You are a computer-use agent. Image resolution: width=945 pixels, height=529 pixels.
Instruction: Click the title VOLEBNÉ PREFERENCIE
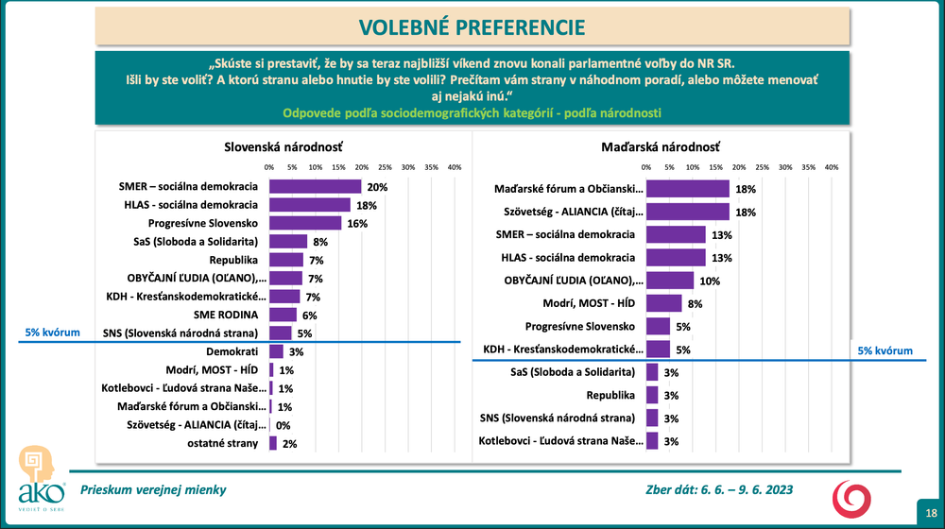pos(472,26)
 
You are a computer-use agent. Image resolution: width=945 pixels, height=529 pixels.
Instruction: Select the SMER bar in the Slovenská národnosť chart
pos(316,187)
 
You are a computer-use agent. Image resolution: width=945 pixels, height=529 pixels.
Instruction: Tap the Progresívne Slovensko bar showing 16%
pos(305,223)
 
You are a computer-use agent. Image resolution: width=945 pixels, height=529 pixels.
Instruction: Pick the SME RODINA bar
pos(283,315)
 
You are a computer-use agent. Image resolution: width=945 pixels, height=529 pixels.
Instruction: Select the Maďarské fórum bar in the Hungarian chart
pos(688,189)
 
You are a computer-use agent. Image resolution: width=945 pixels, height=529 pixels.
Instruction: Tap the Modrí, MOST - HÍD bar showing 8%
pos(664,302)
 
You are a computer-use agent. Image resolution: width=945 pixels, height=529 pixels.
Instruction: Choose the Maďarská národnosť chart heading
pos(661,148)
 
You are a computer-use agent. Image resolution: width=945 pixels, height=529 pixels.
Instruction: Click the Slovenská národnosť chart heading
pos(283,148)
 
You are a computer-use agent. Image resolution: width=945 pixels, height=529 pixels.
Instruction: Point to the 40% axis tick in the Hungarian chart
pos(832,167)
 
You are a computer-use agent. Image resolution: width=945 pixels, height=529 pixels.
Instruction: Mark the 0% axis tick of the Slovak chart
pos(269,167)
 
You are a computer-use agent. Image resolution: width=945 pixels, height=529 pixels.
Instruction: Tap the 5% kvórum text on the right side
pos(885,350)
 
